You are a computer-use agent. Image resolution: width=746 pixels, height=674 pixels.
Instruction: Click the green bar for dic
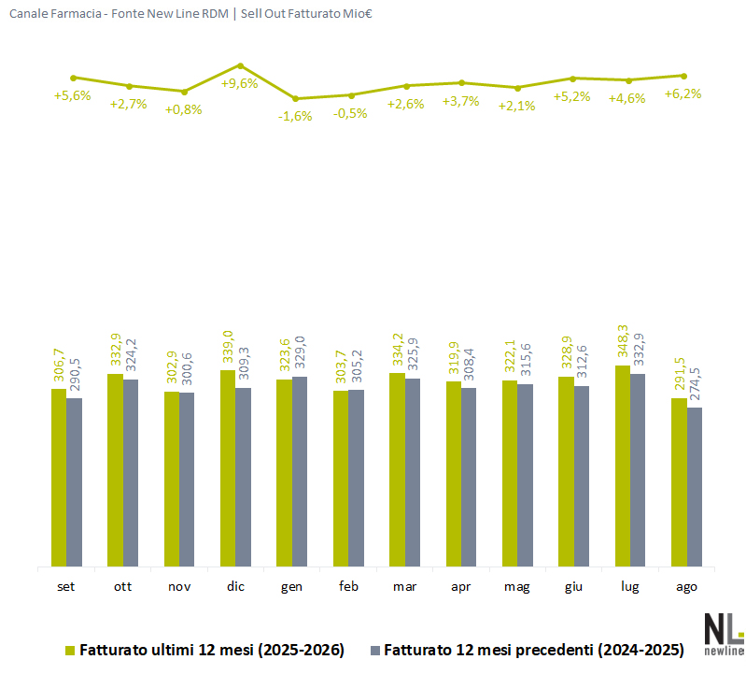click(228, 468)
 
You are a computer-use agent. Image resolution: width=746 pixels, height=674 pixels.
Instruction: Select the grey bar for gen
click(300, 471)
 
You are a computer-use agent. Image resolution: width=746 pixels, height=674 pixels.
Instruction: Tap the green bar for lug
click(623, 466)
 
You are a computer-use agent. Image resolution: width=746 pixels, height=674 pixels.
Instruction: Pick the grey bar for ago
click(695, 487)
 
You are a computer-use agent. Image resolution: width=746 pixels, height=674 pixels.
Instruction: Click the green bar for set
click(59, 478)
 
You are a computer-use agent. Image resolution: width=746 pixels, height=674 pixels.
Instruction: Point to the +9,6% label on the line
click(239, 84)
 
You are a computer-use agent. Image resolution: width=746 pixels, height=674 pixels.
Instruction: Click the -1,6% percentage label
click(295, 116)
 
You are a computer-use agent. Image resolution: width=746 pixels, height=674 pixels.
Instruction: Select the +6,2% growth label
click(683, 93)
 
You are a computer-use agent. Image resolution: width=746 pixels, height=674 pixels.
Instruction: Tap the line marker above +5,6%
click(73, 78)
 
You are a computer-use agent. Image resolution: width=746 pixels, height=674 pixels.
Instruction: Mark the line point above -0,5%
click(351, 95)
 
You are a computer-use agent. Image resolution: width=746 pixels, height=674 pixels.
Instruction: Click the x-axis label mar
click(404, 586)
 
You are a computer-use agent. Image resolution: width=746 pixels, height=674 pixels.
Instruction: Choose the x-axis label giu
click(573, 587)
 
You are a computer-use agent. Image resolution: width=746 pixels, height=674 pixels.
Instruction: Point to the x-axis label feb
click(348, 586)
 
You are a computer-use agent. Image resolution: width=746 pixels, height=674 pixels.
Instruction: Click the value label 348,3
click(623, 341)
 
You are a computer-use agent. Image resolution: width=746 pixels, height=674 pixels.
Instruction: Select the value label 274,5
click(695, 384)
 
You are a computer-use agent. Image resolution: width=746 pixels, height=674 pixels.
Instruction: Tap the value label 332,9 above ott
click(116, 350)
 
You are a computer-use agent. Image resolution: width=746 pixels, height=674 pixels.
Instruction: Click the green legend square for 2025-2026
click(70, 651)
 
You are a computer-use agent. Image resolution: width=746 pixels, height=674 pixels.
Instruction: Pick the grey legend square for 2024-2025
click(375, 651)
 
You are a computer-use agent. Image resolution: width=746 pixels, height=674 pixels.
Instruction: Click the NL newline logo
click(724, 635)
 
